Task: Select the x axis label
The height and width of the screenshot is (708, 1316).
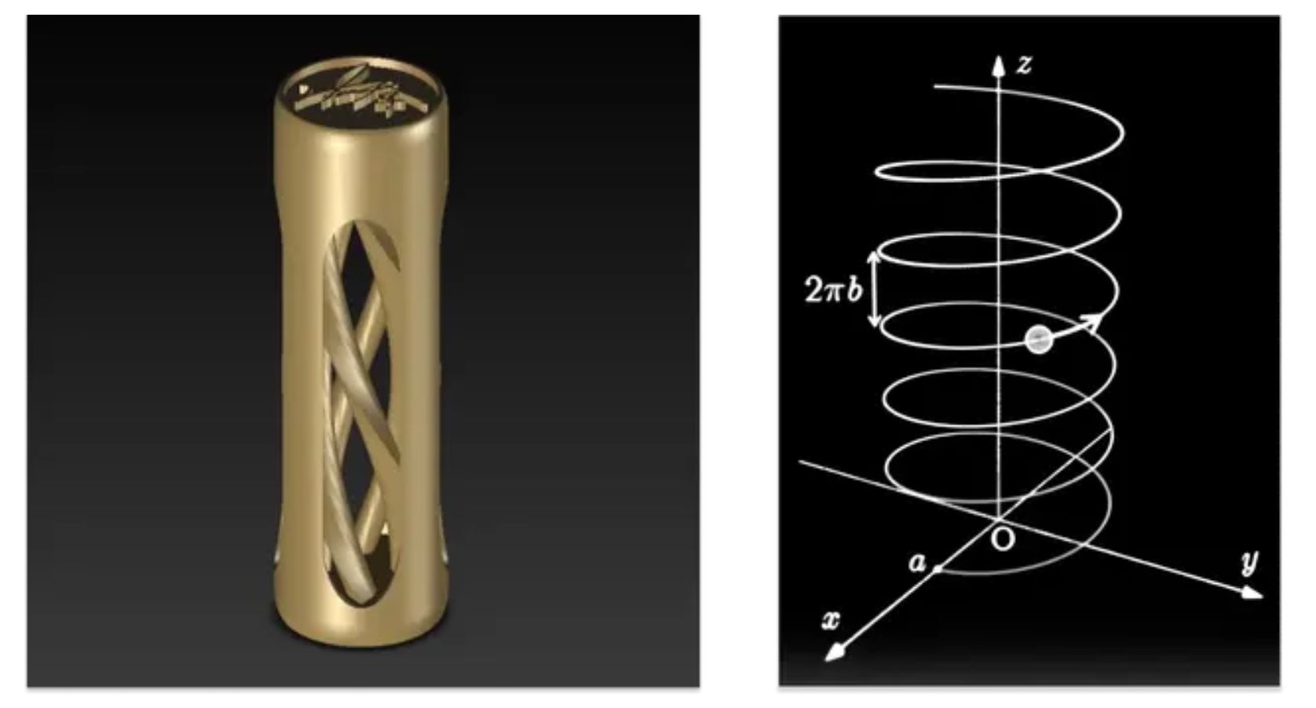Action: click(831, 620)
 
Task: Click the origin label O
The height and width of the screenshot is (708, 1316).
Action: click(1003, 539)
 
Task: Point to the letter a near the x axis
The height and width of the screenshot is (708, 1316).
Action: click(917, 563)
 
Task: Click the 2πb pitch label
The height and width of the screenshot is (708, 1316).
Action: click(833, 289)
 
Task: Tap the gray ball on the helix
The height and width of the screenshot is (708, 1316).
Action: click(1038, 339)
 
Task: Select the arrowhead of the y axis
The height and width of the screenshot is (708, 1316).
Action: click(1252, 593)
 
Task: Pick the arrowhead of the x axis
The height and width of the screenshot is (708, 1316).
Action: click(835, 651)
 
